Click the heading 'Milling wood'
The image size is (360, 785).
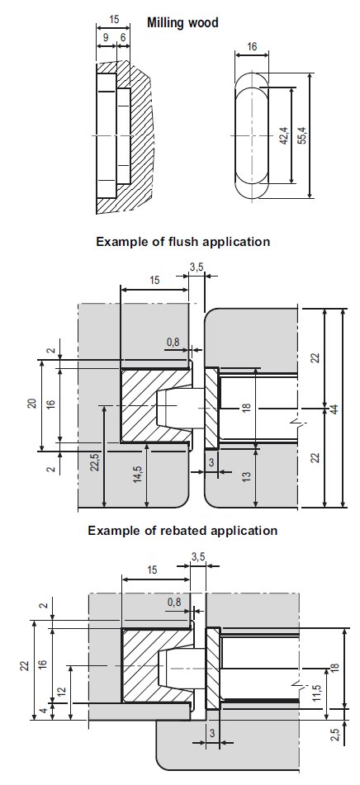[182, 22]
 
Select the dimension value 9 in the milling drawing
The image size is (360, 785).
[106, 37]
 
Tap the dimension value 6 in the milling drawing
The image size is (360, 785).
[123, 37]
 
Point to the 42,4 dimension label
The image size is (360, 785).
[284, 135]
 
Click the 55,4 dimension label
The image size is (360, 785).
[301, 135]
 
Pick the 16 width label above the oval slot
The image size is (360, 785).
[252, 46]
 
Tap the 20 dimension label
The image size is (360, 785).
[31, 404]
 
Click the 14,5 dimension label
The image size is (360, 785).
[138, 474]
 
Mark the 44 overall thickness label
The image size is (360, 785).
[334, 409]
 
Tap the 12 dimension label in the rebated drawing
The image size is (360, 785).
[61, 693]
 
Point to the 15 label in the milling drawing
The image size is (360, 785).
[114, 20]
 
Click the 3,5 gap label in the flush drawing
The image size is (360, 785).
[197, 267]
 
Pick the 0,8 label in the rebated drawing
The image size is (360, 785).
[174, 603]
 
